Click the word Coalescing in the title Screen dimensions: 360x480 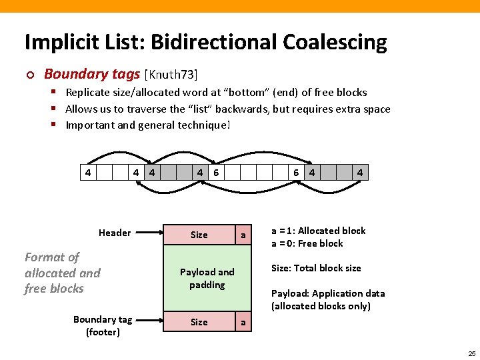pos(335,43)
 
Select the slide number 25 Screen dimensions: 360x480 pos(471,353)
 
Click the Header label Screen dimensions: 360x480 pos(115,233)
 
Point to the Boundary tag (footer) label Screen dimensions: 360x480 pos(103,325)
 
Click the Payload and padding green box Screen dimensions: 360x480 pos(207,279)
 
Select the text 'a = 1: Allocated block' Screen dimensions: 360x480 pos(318,231)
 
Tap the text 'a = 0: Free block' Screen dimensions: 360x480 pos(307,243)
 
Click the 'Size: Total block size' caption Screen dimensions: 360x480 pos(316,268)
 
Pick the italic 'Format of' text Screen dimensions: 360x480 pos(52,257)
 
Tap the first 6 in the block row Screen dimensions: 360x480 pos(216,173)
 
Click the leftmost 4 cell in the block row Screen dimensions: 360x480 pos(87,173)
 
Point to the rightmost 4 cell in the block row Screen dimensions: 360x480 pos(360,173)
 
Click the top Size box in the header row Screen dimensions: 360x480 pos(199,235)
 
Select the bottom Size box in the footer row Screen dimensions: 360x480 pos(199,322)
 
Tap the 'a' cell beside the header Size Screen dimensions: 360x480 pos(243,235)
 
